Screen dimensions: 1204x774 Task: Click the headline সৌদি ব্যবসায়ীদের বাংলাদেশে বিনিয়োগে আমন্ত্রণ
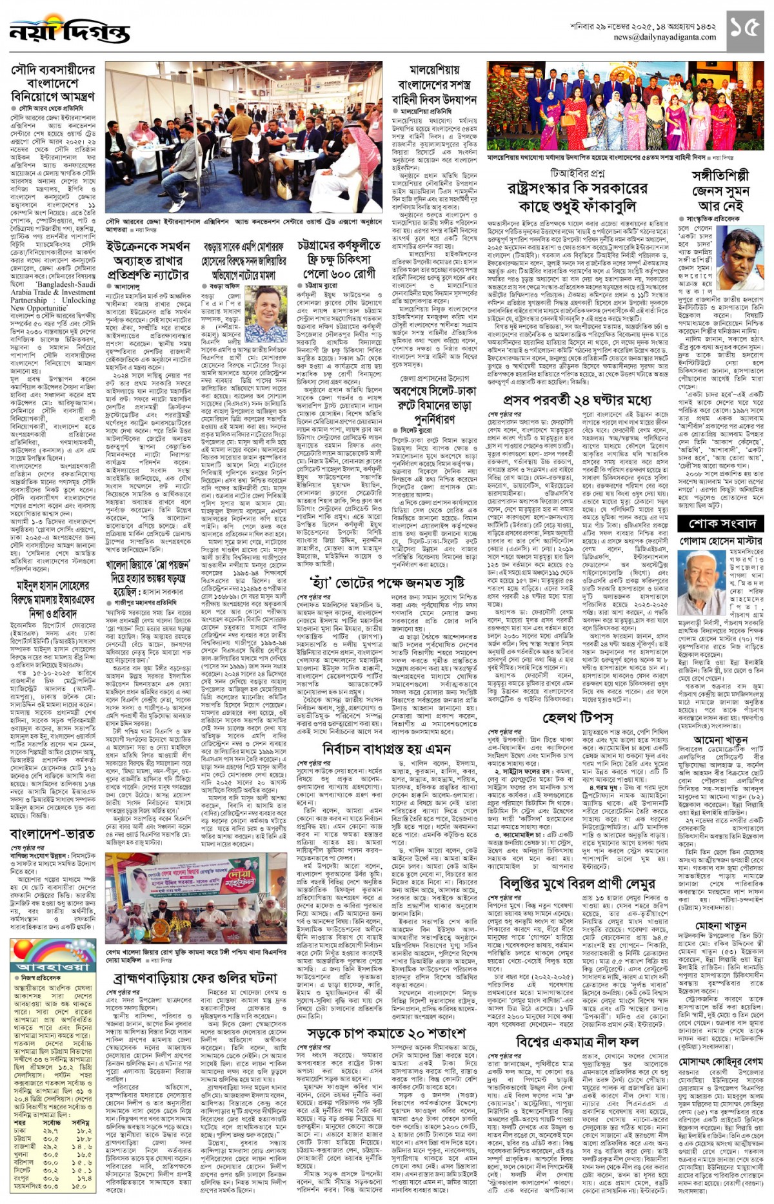pos(53,83)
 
